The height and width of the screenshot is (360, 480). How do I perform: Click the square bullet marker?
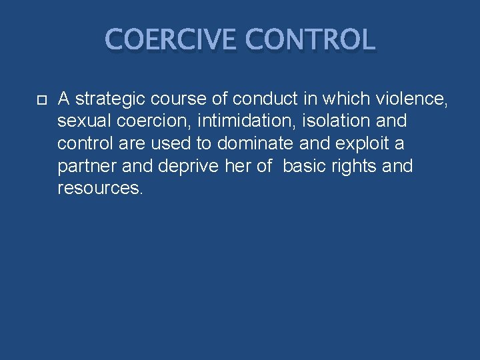[41, 100]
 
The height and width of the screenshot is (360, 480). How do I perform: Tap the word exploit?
[360, 144]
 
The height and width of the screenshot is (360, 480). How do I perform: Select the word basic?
[303, 166]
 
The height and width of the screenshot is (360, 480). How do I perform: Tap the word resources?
[99, 188]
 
